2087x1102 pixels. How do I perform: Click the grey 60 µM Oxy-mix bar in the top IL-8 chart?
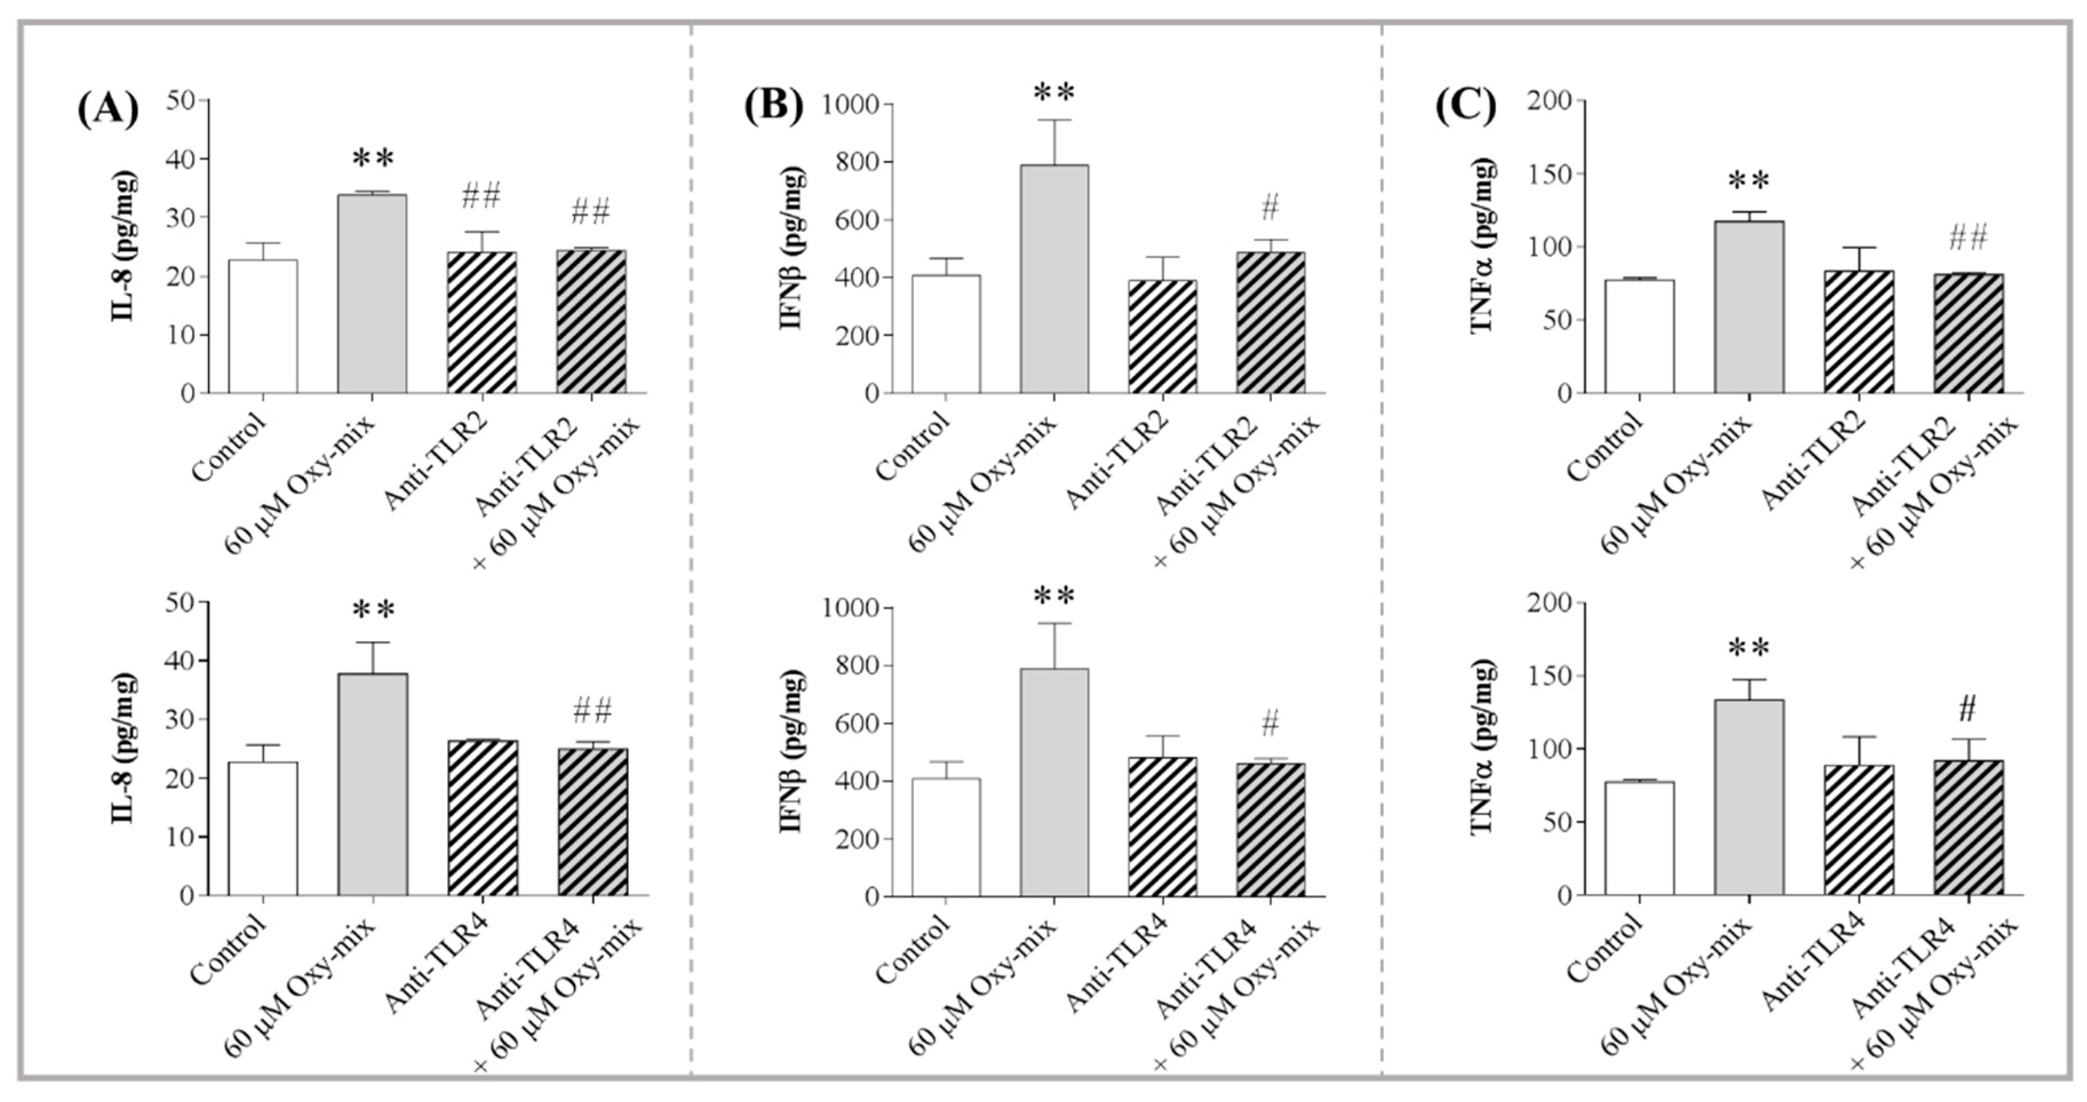point(372,293)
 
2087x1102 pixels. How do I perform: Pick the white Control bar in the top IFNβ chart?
point(946,334)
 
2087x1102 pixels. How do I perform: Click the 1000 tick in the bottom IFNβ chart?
point(851,608)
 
